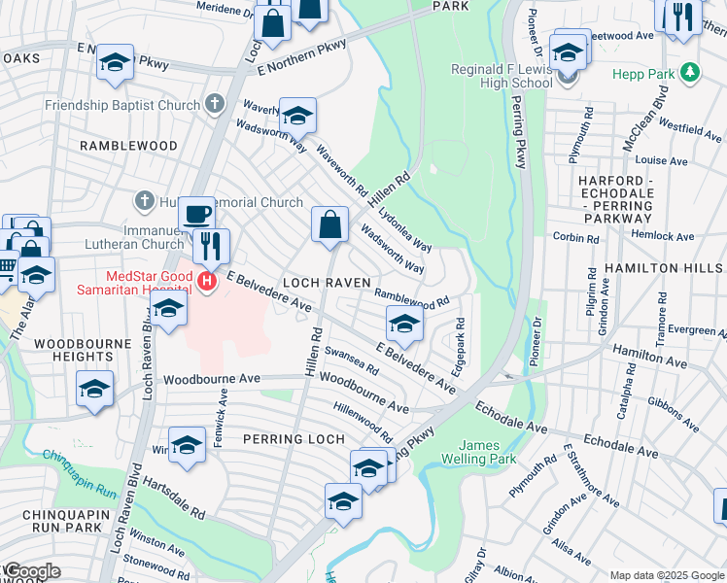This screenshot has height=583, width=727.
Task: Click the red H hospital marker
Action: point(206,283)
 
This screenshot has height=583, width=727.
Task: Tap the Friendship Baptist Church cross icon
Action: point(214,103)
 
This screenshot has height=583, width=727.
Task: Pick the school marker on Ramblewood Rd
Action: point(404,323)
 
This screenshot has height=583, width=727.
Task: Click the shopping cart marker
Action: point(7,264)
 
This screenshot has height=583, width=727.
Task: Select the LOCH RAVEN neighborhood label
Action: point(327,283)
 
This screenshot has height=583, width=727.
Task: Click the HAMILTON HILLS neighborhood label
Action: point(665,267)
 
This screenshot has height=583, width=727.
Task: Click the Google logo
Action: point(31,571)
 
